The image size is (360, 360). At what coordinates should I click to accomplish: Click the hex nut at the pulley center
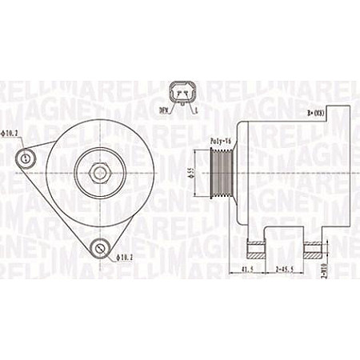click(98, 170)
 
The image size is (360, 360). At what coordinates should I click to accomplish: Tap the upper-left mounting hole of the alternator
click(27, 159)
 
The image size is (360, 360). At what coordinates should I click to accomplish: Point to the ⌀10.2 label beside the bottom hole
click(125, 256)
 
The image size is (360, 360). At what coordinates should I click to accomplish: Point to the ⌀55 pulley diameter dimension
click(191, 171)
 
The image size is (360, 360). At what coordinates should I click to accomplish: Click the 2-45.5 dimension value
click(286, 270)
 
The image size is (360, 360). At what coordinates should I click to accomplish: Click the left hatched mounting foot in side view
click(257, 245)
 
